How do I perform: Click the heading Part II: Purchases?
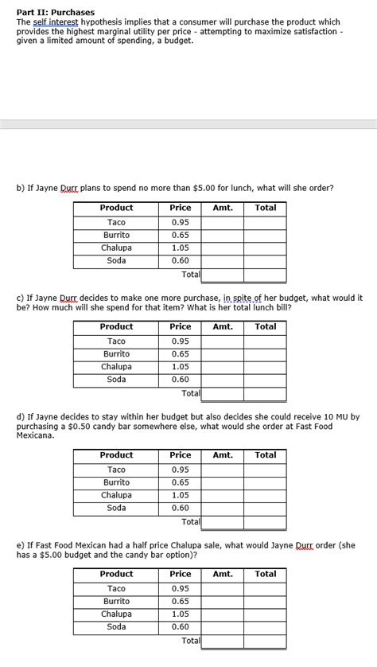coord(56,13)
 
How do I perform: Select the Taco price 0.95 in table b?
coord(181,222)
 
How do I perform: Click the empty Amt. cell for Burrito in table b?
coord(223,235)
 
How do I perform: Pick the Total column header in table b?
coord(265,208)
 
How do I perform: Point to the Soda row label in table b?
coord(116,260)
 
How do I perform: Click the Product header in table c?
coord(116,326)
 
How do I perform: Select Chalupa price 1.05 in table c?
coord(181,367)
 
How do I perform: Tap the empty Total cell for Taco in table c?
coord(265,341)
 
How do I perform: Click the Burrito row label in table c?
coord(116,353)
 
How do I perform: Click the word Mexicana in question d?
coord(36,436)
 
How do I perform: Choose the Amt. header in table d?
coord(223,455)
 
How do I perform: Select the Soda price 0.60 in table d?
coord(181,508)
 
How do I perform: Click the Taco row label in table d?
coord(116,470)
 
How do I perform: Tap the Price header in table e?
coord(181,574)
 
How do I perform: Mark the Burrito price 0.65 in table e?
coord(181,601)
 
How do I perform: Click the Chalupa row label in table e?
coord(116,614)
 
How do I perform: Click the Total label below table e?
coord(191,640)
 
